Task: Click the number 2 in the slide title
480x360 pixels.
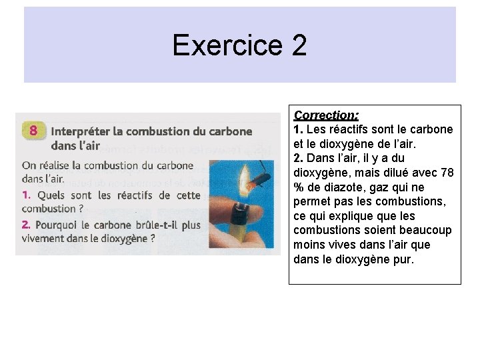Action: click(299, 45)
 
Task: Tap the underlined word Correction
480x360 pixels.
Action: click(326, 115)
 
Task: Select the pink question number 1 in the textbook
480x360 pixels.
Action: click(27, 195)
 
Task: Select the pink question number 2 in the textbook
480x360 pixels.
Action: click(26, 225)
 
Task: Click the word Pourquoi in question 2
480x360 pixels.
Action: click(59, 225)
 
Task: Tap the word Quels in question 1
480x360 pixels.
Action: click(51, 195)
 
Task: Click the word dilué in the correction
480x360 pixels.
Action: click(388, 173)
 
